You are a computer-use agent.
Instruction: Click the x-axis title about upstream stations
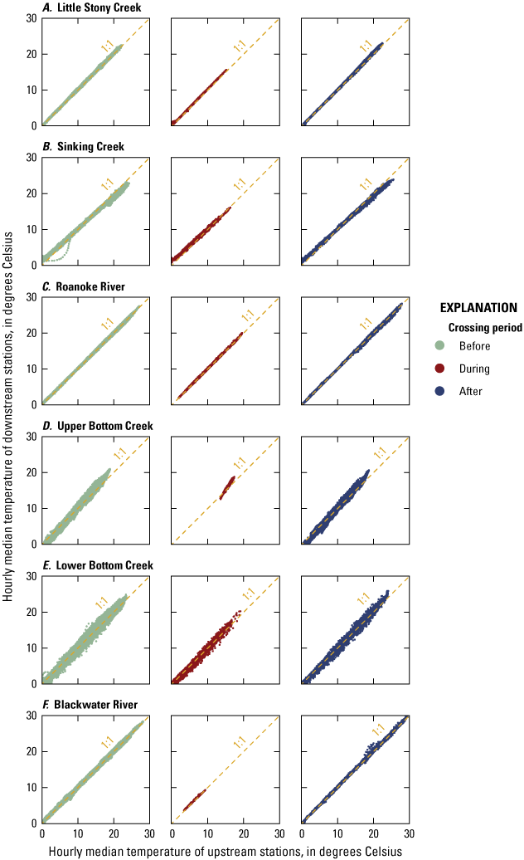[225, 851]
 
